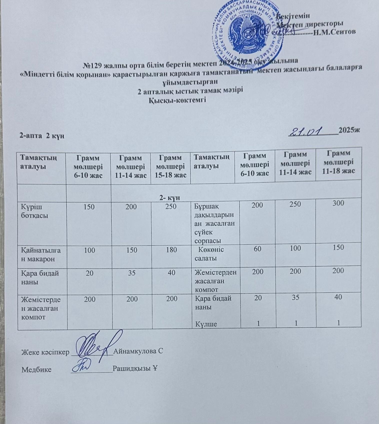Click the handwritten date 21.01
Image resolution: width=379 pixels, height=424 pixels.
(309, 131)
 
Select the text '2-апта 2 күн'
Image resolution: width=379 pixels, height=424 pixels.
(42, 136)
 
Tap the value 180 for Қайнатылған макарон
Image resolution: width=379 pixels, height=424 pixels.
(171, 250)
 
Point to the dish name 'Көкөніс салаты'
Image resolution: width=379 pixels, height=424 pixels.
(208, 254)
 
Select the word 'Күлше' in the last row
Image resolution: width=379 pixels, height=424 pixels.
(205, 324)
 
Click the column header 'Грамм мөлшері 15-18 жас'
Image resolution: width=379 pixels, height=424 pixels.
(171, 166)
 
